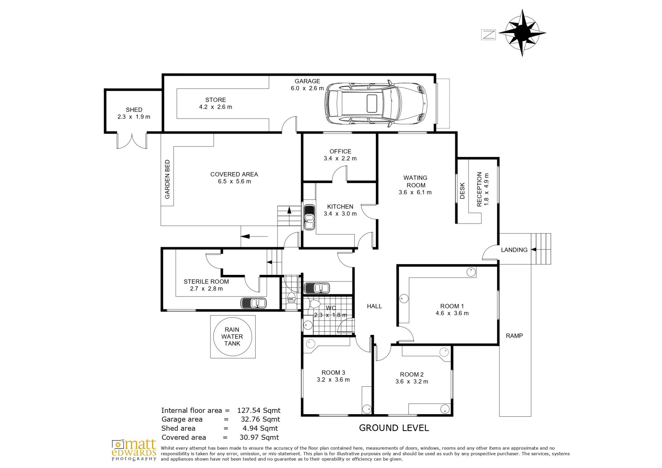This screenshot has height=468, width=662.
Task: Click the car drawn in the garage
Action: point(377,103)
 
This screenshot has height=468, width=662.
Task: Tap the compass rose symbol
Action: point(522,33)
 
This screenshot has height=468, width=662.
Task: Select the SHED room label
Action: point(134,110)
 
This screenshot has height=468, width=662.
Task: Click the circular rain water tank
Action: point(233,337)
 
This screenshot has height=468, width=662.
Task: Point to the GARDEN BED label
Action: point(167,179)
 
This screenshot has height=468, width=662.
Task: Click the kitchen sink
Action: point(309,217)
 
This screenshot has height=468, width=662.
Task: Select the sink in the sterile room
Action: point(253,303)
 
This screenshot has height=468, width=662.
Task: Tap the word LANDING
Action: point(514,250)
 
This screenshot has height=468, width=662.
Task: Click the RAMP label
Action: point(514,336)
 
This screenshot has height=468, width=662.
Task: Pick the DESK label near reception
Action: point(462,191)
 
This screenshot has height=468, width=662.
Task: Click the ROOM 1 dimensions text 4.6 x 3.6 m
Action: point(452,313)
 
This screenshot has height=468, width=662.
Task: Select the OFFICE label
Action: point(340,151)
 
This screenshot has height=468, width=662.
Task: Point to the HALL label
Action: point(374,306)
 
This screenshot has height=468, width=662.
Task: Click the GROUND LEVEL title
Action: point(394,428)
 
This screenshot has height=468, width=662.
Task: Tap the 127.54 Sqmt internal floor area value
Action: point(259,410)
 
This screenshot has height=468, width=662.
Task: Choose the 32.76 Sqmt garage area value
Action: point(260,419)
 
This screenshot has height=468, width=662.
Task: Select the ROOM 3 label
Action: point(333,372)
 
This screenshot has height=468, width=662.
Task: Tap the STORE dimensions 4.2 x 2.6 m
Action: point(215,107)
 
